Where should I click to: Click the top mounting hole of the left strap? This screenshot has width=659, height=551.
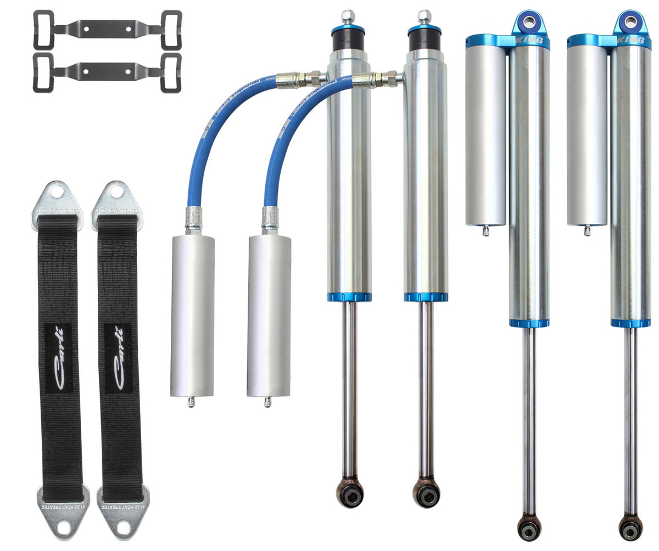tap(57, 192)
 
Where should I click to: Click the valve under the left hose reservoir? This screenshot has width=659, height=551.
tap(191, 402)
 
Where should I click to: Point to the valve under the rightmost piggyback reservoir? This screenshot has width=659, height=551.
tap(587, 230)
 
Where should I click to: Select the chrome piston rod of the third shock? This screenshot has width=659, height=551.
tap(529, 417)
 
